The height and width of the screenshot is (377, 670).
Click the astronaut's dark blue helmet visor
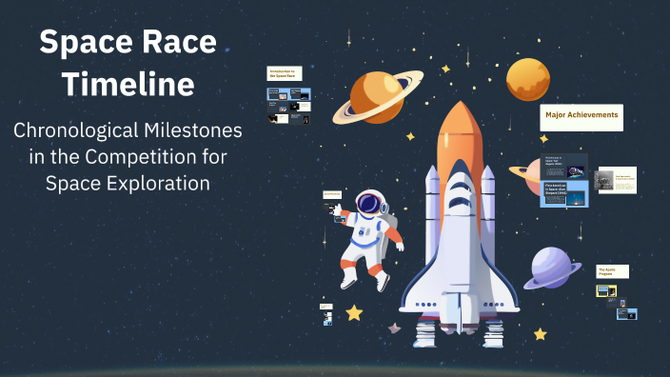click(368, 204)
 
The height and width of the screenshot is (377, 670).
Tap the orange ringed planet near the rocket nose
click(376, 94)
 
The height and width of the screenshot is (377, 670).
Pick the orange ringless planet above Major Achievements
click(528, 80)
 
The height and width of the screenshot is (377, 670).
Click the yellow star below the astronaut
click(354, 312)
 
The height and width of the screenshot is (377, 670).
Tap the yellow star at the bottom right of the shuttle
click(541, 334)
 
